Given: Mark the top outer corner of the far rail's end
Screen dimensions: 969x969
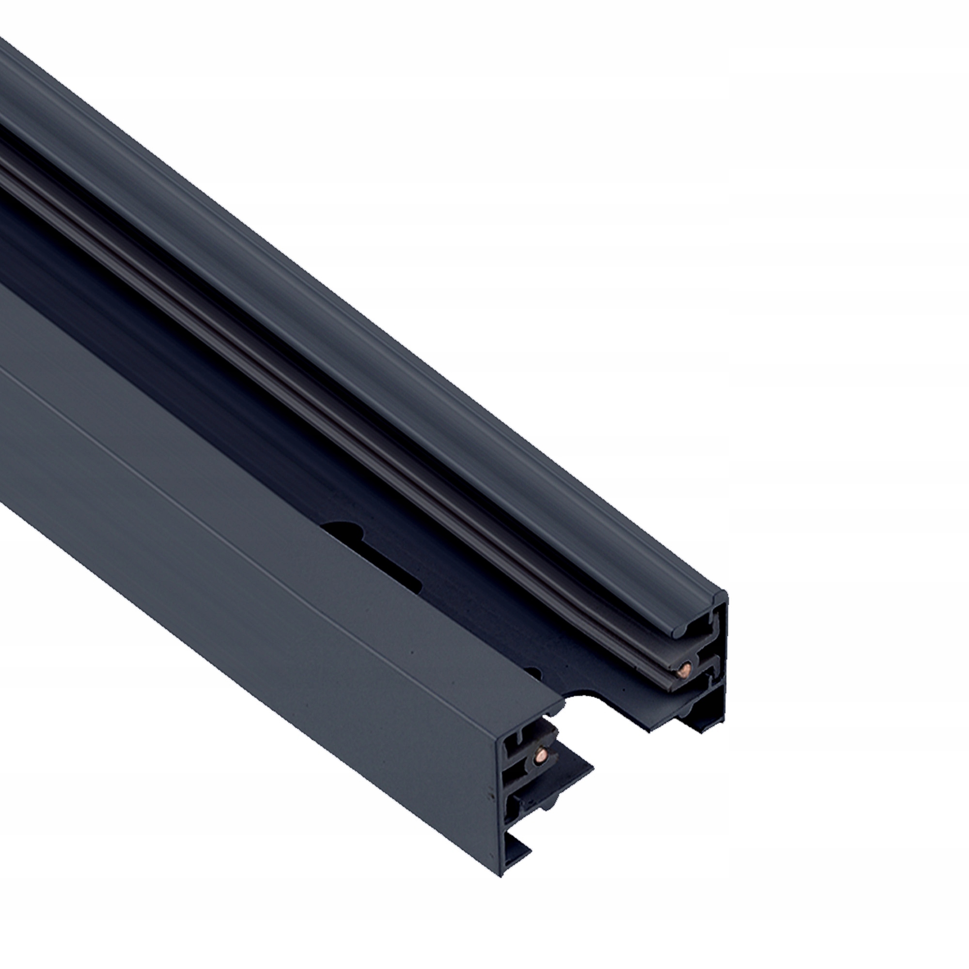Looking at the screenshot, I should click(x=726, y=593).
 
